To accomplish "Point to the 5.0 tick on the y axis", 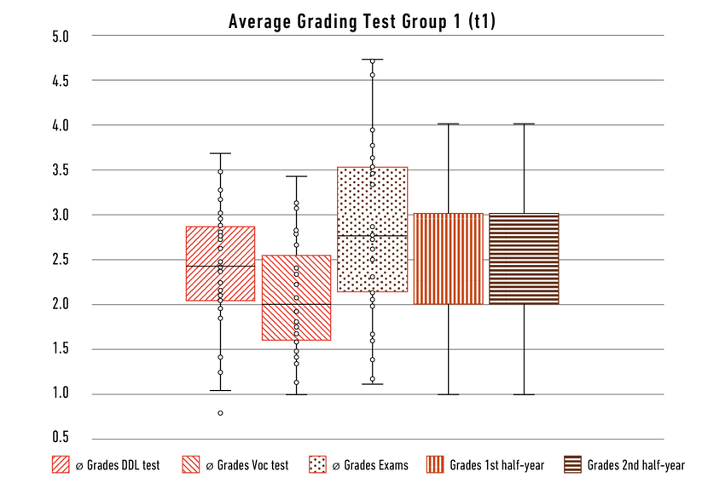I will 60,36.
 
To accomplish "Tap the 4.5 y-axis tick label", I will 60,81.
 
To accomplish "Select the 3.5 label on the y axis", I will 60,170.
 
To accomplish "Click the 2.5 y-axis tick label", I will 60,260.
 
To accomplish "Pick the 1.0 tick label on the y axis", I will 60,394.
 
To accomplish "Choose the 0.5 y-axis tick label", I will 60,438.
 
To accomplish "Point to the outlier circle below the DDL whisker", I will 220,413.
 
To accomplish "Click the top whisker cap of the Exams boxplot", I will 372,60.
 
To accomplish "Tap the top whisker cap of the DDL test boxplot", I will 220,153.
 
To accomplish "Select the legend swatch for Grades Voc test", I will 193,465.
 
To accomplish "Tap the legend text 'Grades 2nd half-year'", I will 635,465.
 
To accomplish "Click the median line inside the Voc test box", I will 296,304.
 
